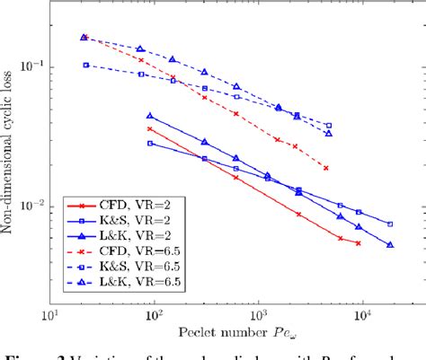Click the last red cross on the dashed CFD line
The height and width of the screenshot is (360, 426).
[326, 168]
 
